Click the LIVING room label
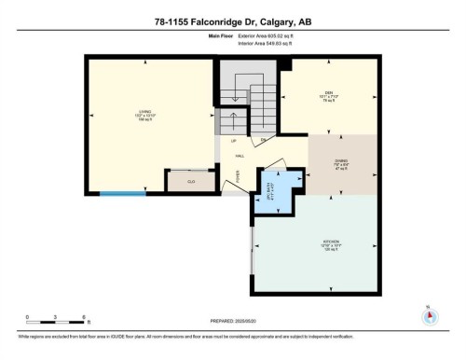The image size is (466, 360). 145,117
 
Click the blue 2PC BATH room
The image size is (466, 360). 274,186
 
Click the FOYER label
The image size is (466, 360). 236,173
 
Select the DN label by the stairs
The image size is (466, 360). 264,140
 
